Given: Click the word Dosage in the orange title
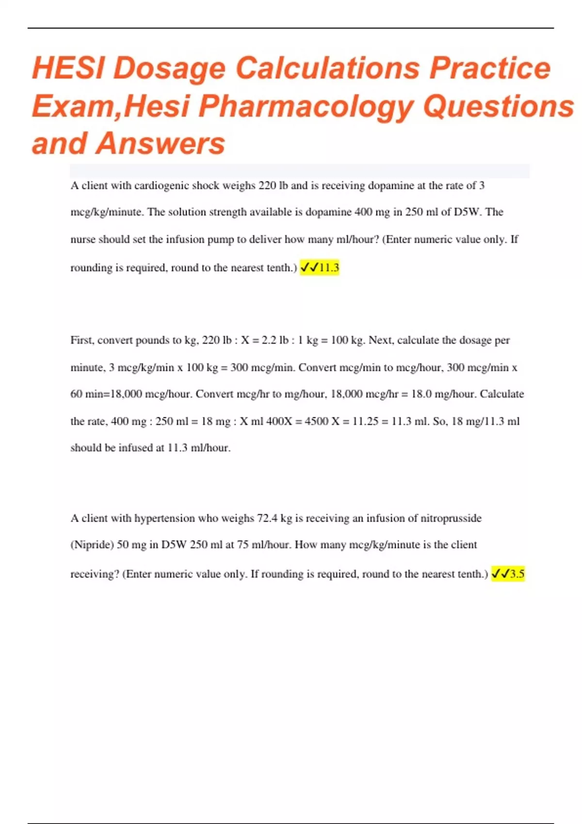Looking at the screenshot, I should (169, 68).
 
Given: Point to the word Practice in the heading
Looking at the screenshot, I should (490, 68).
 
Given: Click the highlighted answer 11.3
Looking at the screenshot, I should (329, 268).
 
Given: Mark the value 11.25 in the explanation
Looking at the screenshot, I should (365, 421).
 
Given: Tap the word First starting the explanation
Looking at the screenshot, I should (81, 340).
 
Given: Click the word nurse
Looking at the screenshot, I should (83, 239).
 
